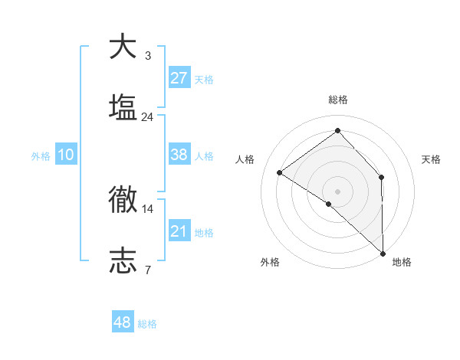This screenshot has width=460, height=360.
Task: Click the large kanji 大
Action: click(123, 47)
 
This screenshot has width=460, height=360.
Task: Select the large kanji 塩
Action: click(123, 106)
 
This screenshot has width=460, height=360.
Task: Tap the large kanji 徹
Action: click(123, 198)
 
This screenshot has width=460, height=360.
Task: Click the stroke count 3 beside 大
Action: click(147, 56)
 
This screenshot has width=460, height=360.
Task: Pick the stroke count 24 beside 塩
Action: click(147, 116)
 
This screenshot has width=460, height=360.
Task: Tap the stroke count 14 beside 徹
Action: click(147, 208)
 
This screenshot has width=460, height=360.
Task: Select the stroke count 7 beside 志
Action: click(147, 269)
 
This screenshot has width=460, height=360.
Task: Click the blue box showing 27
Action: click(179, 78)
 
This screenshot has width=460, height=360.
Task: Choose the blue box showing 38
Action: click(179, 155)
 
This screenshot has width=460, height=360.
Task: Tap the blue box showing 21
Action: click(179, 231)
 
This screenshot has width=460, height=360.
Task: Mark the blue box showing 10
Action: click(66, 155)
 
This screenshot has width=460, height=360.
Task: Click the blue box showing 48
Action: click(123, 322)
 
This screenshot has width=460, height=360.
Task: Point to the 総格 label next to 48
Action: click(147, 324)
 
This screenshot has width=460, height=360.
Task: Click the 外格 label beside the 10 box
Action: click(41, 156)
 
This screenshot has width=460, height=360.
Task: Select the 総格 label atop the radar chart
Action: click(337, 100)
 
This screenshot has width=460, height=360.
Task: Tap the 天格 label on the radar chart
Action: click(432, 159)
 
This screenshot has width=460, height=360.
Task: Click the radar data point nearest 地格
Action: click(383, 253)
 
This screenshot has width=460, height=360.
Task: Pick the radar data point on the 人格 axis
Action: click(280, 172)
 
